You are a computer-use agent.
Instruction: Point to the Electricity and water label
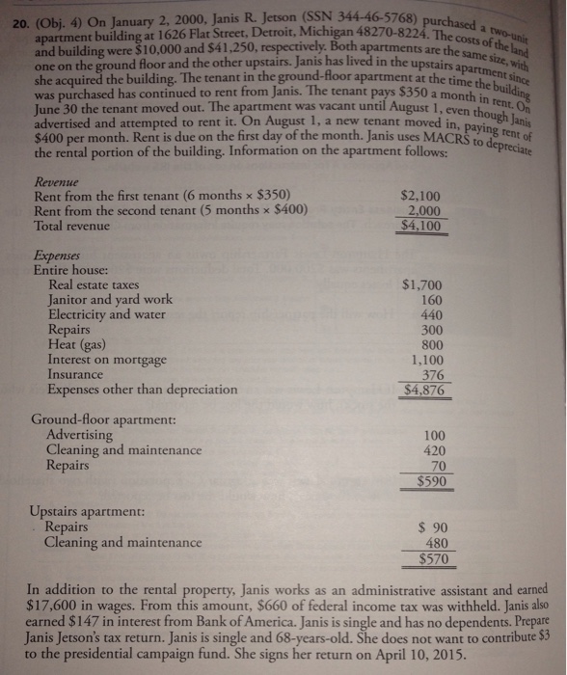pyautogui.click(x=113, y=313)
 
